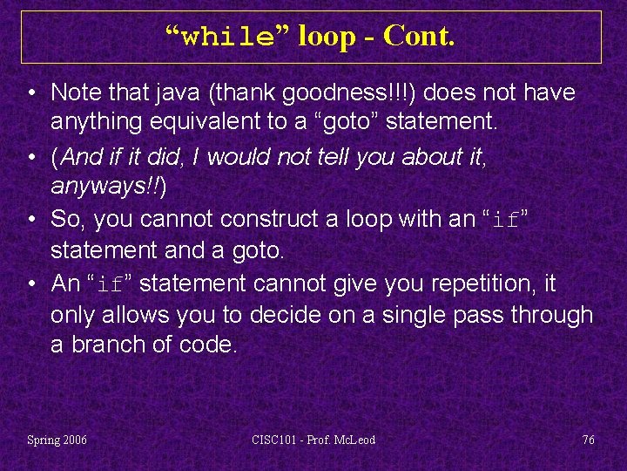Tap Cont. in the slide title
pyautogui.click(x=418, y=36)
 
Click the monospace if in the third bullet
pyautogui.click(x=505, y=220)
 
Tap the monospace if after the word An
pyautogui.click(x=111, y=284)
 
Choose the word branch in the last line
pyautogui.click(x=106, y=345)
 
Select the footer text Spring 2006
pyautogui.click(x=57, y=440)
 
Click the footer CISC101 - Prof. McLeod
pyautogui.click(x=313, y=440)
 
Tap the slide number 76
pyautogui.click(x=589, y=440)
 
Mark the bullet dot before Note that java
pyautogui.click(x=30, y=92)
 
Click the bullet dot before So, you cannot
pyautogui.click(x=30, y=218)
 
